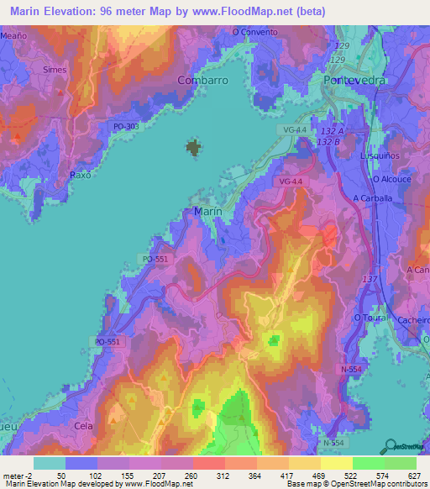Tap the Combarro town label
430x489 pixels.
click(x=203, y=80)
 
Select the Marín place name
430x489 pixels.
click(x=207, y=213)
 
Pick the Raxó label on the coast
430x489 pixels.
click(x=80, y=175)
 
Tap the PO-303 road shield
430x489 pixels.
click(x=125, y=126)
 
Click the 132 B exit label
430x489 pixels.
click(x=329, y=143)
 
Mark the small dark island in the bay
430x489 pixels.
click(x=194, y=149)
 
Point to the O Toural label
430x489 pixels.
click(x=369, y=318)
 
